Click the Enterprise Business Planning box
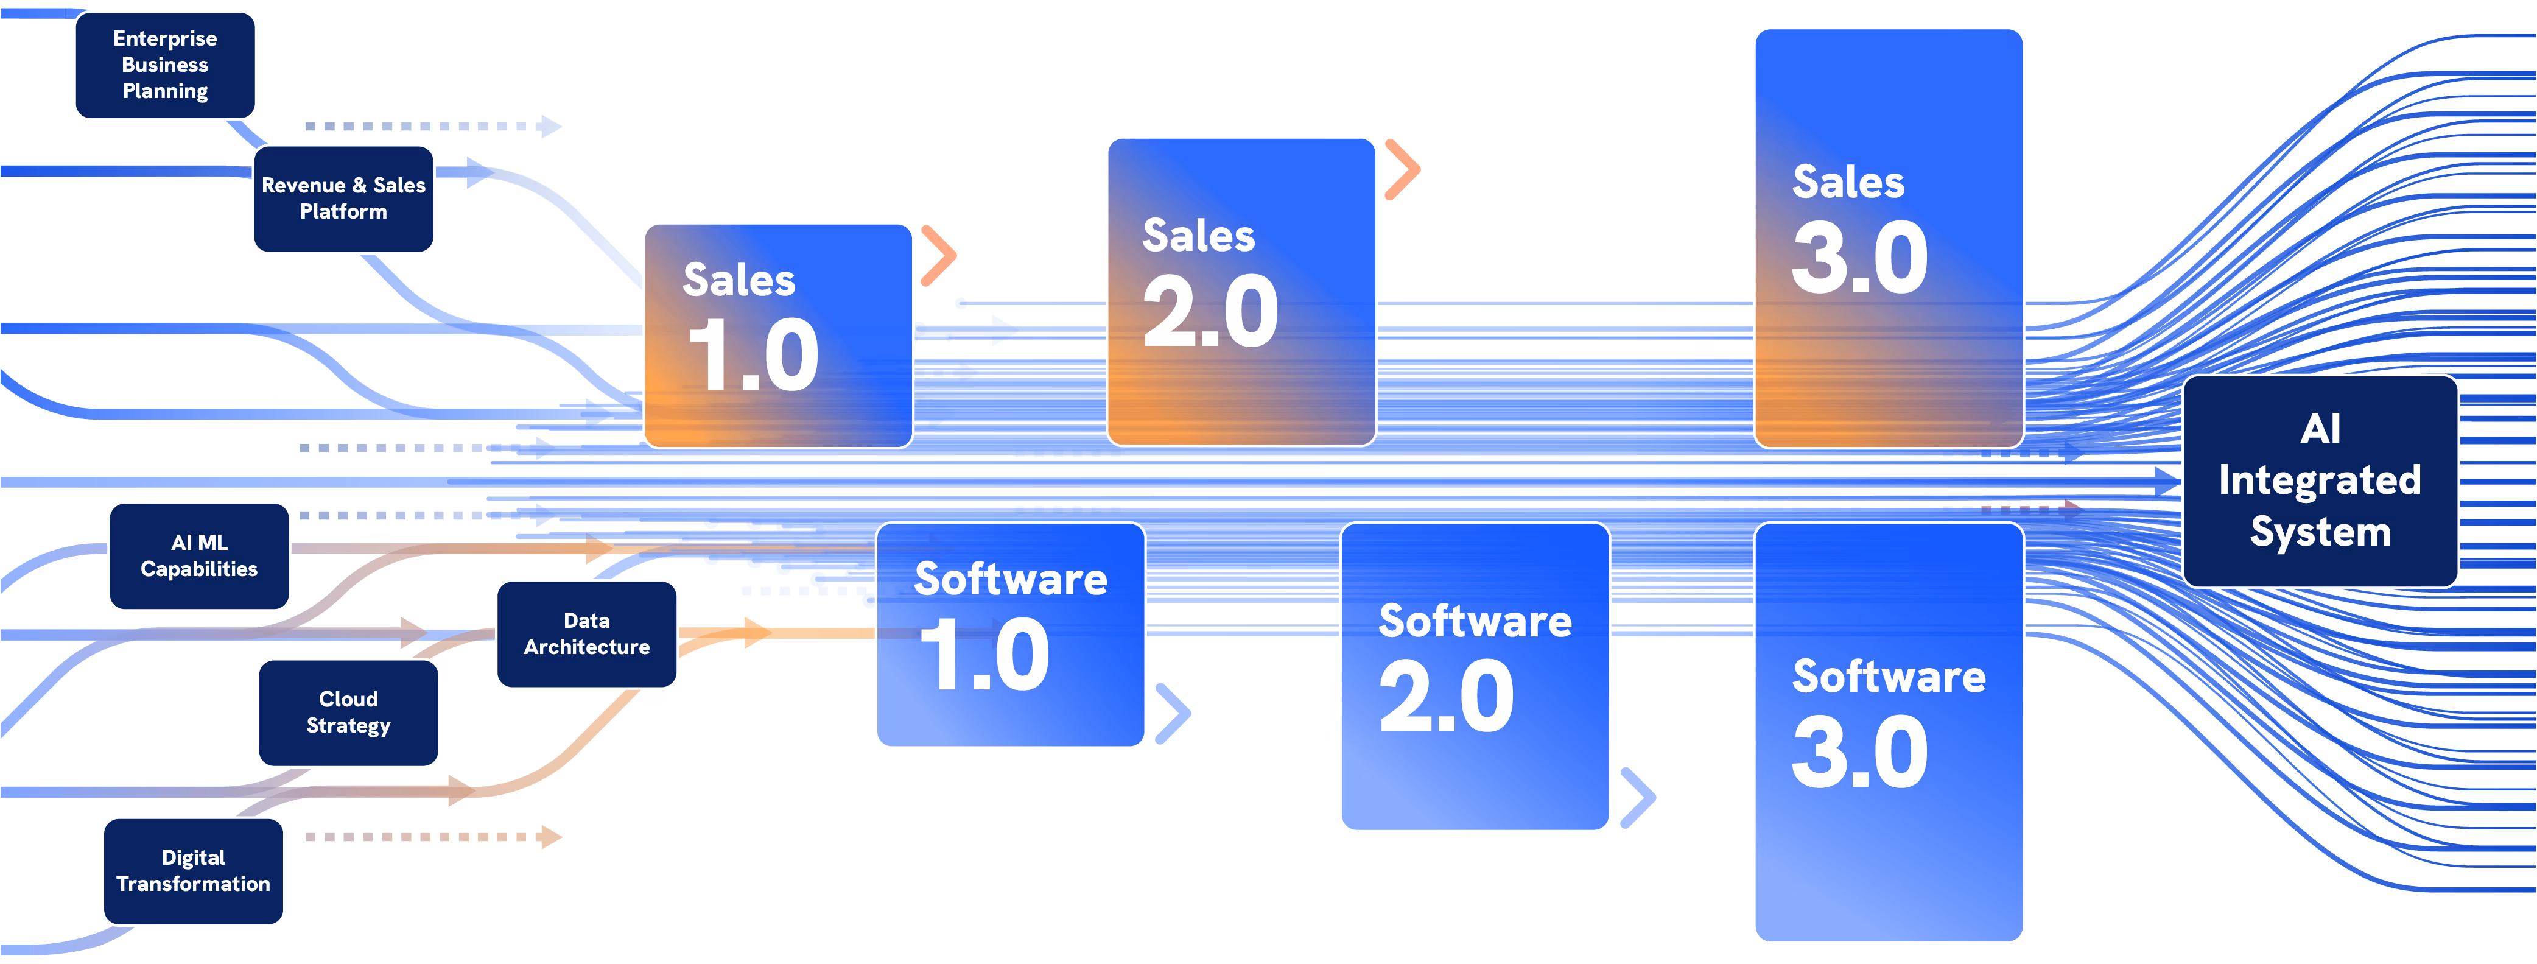pyautogui.click(x=166, y=65)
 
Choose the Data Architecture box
pyautogui.click(x=587, y=634)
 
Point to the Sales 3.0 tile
pyautogui.click(x=1889, y=238)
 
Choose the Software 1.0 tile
pyautogui.click(x=1011, y=634)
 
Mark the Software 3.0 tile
pyautogui.click(x=1889, y=731)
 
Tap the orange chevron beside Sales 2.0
pyautogui.click(x=1403, y=169)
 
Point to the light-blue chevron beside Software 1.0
pyautogui.click(x=1174, y=713)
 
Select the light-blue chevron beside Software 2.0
pyautogui.click(x=1639, y=797)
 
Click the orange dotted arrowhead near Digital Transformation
pyautogui.click(x=552, y=838)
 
